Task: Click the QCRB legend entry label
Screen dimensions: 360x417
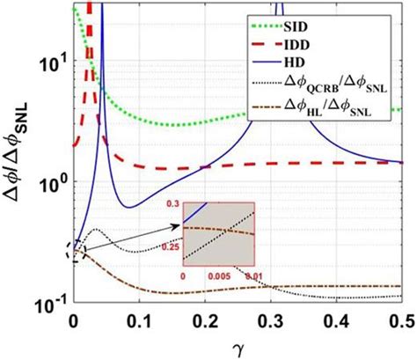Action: [x=351, y=88]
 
